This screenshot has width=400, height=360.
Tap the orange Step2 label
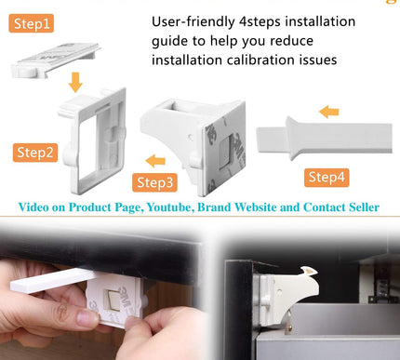[x=35, y=151]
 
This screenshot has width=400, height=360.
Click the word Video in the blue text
[x=38, y=207]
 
